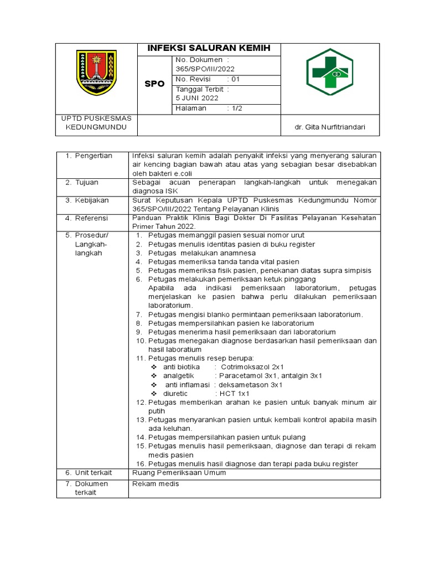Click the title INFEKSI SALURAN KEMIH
209,49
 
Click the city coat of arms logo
97,73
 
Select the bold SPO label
154,84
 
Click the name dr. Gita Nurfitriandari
330,128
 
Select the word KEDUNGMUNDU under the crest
96,128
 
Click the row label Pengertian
94,156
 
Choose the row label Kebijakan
92,200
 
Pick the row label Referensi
92,218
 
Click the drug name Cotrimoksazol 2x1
252,367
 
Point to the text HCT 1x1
235,393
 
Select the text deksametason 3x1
251,384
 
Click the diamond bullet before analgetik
154,375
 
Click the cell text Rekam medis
156,483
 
